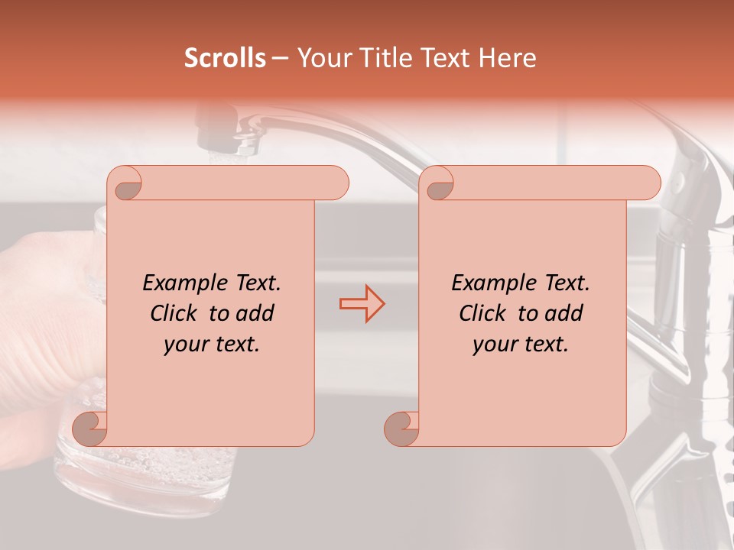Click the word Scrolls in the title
pyautogui.click(x=226, y=58)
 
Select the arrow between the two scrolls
pyautogui.click(x=362, y=304)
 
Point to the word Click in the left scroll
pyautogui.click(x=175, y=314)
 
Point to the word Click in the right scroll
pyautogui.click(x=484, y=314)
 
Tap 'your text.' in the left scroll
pyautogui.click(x=212, y=345)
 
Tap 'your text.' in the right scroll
pyautogui.click(x=521, y=345)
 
